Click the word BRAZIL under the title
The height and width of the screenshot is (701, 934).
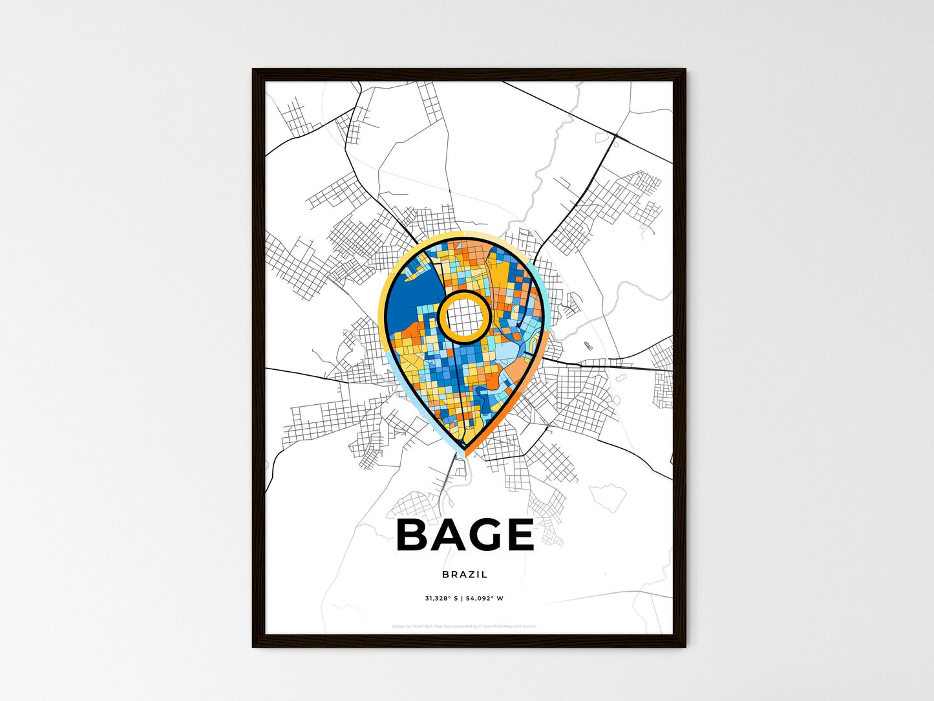click(465, 574)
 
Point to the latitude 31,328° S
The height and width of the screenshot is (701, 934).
click(441, 599)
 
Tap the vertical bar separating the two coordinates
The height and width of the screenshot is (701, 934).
click(462, 599)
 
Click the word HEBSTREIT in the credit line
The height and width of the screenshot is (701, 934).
click(422, 627)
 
